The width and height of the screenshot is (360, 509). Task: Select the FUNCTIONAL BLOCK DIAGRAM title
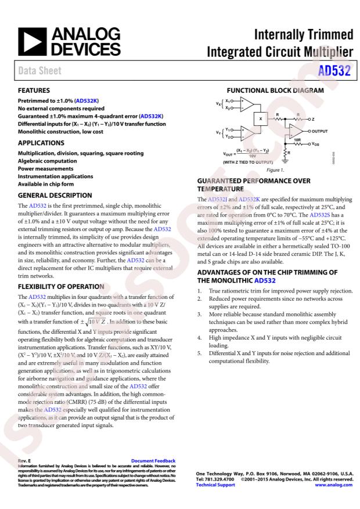(x=275, y=91)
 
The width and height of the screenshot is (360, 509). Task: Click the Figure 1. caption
(x=274, y=171)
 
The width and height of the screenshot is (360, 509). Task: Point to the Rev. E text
(x=25, y=461)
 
